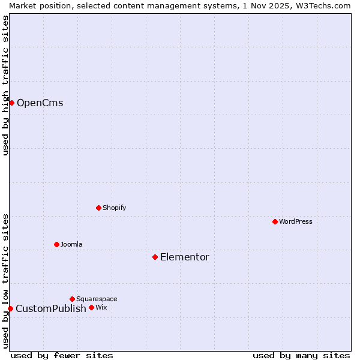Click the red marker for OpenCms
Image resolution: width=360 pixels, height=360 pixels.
11,103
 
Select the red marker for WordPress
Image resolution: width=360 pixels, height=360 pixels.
275,221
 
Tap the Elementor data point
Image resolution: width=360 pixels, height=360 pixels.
155,257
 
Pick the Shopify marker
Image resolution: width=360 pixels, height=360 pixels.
98,208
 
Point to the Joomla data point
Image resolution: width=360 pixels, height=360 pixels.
56,244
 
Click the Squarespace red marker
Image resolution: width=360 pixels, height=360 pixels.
72,299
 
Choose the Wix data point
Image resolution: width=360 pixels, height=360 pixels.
91,307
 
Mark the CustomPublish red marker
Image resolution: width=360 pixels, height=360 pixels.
10,308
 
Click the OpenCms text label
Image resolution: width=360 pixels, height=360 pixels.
40,103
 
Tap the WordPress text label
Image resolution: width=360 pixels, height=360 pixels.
295,221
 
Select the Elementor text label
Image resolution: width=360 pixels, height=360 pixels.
184,257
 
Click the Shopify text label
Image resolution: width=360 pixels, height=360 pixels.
114,208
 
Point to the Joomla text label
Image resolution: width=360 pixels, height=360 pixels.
71,244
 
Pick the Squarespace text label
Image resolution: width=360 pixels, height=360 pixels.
97,299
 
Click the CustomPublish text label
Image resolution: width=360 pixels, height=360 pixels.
51,309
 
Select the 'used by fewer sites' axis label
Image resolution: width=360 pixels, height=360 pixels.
62,355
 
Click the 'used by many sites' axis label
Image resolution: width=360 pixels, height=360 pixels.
301,355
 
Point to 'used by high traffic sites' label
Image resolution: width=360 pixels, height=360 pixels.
5,85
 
